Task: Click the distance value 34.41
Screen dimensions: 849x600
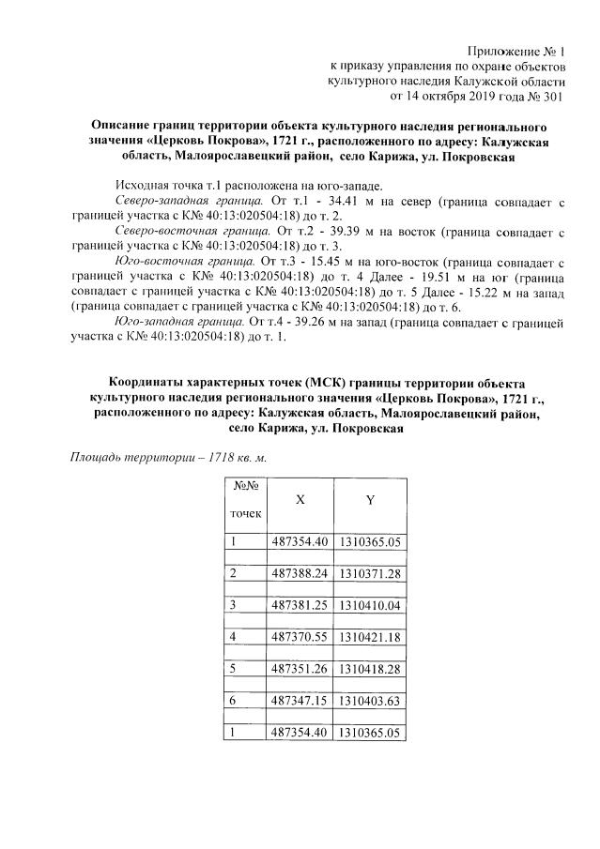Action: coord(333,202)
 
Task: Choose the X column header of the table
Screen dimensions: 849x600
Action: coord(300,501)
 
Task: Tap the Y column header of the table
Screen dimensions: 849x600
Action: coord(370,501)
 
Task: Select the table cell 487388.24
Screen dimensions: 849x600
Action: coord(299,573)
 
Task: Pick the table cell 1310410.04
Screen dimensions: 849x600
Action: coord(370,605)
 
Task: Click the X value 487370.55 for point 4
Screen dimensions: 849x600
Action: coord(299,637)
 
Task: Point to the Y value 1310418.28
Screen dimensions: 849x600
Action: coord(370,669)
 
